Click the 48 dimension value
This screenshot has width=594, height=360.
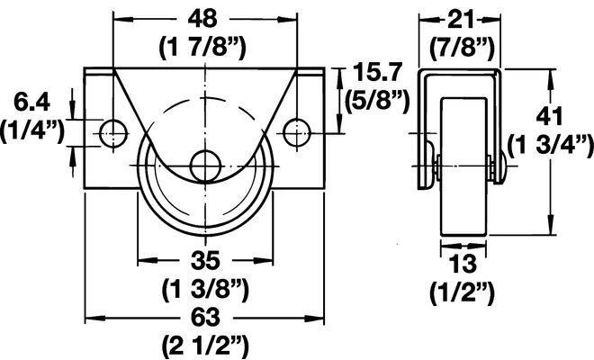(204, 18)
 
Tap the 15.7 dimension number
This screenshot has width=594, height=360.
(376, 73)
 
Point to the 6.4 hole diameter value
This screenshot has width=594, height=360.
(31, 102)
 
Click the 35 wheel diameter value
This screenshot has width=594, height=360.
(205, 260)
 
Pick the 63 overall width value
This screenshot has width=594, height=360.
(205, 317)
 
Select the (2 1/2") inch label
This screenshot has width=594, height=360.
(205, 346)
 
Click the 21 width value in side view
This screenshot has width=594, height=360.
(460, 20)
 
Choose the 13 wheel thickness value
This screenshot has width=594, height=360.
(463, 264)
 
